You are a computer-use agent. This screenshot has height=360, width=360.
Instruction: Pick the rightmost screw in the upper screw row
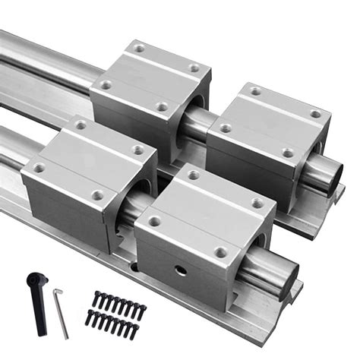click(142, 308)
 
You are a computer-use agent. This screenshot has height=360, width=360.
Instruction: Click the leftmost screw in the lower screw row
click(89, 317)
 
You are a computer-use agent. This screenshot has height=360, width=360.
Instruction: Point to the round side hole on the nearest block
click(182, 271)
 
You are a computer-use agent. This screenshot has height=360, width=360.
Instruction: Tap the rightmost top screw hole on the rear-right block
click(314, 114)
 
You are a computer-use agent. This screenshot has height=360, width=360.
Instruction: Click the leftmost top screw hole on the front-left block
click(39, 168)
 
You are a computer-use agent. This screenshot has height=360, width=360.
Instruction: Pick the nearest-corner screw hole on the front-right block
click(220, 251)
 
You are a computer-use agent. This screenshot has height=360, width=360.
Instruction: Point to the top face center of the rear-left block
click(150, 77)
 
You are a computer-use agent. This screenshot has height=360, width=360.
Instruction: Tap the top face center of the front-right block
click(206, 213)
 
